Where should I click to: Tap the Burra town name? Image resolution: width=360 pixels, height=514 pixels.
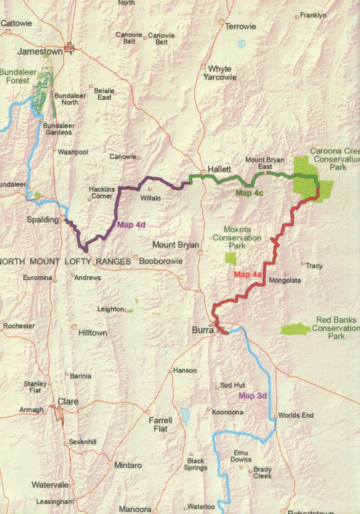click(202, 327)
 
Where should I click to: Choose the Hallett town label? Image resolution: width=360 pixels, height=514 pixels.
click(219, 169)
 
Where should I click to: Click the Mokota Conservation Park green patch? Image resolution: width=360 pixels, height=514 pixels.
click(230, 258)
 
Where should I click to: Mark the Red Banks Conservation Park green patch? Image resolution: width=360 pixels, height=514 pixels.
click(296, 329)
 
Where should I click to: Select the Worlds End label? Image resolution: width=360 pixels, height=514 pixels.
click(296, 415)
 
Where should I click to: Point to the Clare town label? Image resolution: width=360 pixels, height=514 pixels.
click(68, 402)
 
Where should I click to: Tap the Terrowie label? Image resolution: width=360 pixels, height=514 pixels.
click(240, 27)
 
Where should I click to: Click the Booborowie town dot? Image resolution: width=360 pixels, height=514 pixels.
click(135, 257)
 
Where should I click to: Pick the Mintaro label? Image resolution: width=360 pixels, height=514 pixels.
click(128, 465)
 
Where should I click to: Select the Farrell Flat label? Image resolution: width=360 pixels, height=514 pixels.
click(161, 425)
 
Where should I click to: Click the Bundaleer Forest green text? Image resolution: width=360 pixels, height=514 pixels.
click(18, 76)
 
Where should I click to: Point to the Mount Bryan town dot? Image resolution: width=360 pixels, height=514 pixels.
click(200, 253)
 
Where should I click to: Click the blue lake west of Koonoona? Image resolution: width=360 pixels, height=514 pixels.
click(185, 416)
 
